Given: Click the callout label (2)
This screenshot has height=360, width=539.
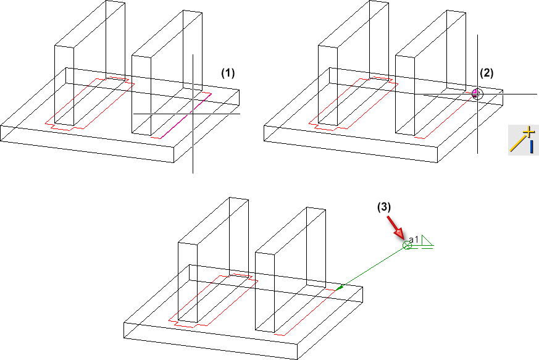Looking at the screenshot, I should (x=487, y=72).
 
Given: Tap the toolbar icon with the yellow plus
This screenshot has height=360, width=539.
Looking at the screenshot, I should (x=523, y=140).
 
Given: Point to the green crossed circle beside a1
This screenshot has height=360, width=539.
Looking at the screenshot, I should (x=407, y=245).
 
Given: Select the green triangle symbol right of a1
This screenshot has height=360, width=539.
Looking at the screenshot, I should (x=427, y=242).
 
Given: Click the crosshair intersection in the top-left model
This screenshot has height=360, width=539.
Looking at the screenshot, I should (x=193, y=113).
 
